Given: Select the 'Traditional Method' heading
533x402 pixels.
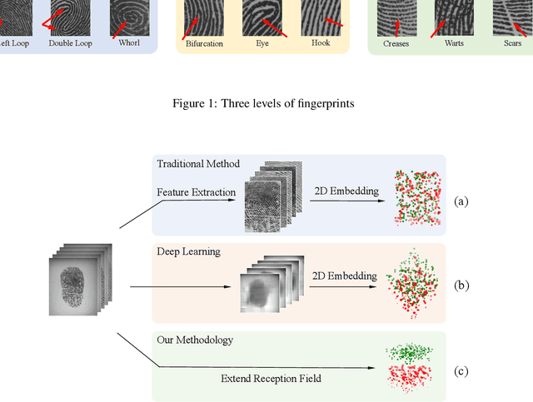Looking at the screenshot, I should (x=198, y=164).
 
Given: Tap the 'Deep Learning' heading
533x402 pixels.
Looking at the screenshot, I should (x=189, y=250).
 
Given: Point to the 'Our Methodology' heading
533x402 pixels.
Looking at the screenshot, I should (x=195, y=340).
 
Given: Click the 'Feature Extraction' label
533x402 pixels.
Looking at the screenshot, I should (x=196, y=193).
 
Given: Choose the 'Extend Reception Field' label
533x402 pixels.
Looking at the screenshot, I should (x=271, y=379).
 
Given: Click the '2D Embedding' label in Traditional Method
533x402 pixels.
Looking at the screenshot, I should (x=346, y=191).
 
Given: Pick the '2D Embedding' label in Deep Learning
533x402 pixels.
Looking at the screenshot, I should (x=344, y=275).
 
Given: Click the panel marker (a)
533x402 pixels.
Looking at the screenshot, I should (x=461, y=201).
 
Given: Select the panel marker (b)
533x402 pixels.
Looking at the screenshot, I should (x=461, y=285).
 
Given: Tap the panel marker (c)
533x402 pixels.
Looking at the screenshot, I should (x=461, y=371).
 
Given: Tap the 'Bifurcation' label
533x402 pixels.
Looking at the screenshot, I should (x=204, y=43).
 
